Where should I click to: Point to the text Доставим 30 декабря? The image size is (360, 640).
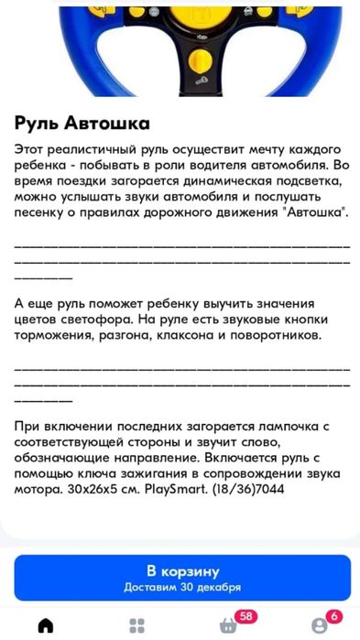[182, 587]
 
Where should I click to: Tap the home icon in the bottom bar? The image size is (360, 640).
[45, 625]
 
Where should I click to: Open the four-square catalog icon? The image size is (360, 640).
[136, 625]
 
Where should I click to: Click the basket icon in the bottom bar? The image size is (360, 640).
[226, 625]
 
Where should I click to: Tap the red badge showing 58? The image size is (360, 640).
[245, 617]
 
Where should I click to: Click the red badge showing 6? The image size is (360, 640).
[334, 617]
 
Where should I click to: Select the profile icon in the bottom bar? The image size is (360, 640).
[318, 625]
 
